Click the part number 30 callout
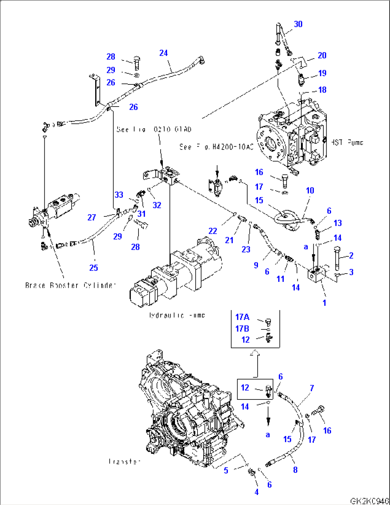(298, 24)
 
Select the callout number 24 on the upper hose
(164, 53)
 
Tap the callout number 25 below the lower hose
(94, 268)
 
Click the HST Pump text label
(347, 142)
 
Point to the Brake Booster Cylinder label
(70, 285)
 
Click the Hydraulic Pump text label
(177, 315)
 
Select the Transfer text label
(124, 461)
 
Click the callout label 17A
(242, 317)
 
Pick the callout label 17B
(242, 328)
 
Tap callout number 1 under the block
(324, 303)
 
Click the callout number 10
(310, 190)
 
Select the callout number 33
(119, 195)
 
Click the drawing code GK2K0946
(369, 501)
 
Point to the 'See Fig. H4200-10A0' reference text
(216, 147)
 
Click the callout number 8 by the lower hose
(295, 470)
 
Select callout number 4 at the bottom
(257, 492)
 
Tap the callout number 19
(322, 73)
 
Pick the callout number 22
(213, 231)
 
